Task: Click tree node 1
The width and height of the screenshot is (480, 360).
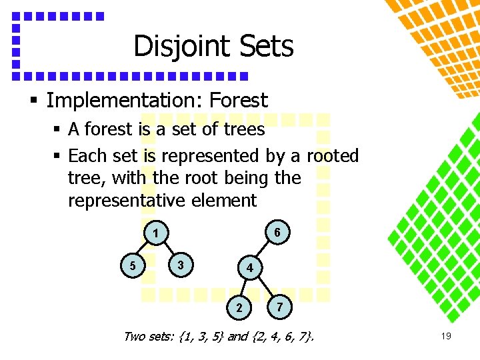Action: [x=155, y=235]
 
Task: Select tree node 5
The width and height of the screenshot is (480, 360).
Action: [x=132, y=266]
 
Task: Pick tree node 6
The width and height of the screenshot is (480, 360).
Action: [x=277, y=232]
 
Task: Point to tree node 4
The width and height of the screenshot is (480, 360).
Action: [x=249, y=269]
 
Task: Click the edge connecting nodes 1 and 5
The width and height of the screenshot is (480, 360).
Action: [x=143, y=251]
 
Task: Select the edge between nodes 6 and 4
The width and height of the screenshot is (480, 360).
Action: [x=263, y=251]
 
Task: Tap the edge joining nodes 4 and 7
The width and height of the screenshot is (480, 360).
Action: [x=265, y=287]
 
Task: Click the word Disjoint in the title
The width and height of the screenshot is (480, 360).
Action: [x=173, y=47]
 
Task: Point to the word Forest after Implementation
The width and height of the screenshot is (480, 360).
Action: [x=238, y=101]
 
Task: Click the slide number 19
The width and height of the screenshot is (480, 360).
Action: [x=446, y=337]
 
